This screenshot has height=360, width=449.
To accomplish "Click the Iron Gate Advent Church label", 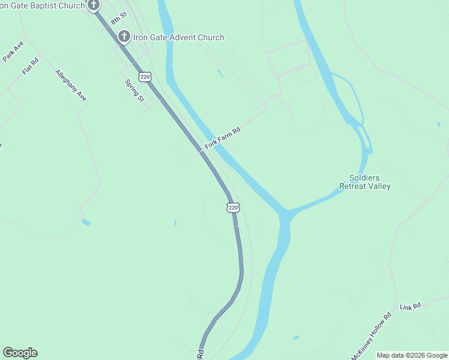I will tap(178, 37).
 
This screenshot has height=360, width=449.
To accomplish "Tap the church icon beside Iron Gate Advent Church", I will tap(124, 37).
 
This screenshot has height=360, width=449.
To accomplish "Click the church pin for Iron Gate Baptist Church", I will tap(93, 5).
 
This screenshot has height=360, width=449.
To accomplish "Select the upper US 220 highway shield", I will tap(144, 77).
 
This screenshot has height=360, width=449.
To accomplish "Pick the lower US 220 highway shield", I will tap(234, 208).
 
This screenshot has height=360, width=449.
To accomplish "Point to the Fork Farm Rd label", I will tap(222, 138).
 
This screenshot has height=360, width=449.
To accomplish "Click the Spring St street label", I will tap(134, 91).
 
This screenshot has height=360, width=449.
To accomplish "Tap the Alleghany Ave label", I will tap(71, 85).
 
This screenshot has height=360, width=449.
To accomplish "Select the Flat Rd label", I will tap(30, 66).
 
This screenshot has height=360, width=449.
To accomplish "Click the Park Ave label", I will tap(13, 51).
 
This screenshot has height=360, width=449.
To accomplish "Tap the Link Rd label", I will tap(411, 306).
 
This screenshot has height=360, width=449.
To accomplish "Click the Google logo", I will tap(20, 353).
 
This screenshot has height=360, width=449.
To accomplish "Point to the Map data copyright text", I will tap(412, 355).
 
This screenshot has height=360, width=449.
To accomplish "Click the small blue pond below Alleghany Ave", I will tap(86, 222).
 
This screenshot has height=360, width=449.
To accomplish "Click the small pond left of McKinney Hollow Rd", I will tap(296, 337).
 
